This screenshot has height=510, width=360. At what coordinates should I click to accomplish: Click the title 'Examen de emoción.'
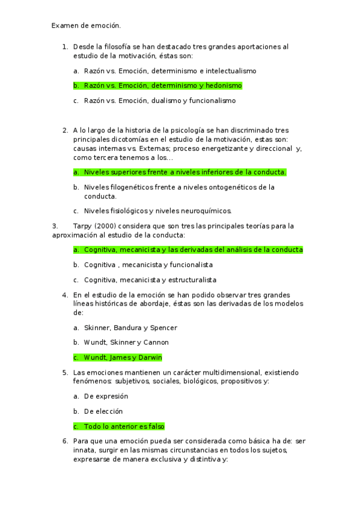click(x=86, y=25)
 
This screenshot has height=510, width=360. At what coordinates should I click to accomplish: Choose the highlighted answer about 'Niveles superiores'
click(x=185, y=172)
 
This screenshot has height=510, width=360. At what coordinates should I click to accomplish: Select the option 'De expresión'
click(x=106, y=396)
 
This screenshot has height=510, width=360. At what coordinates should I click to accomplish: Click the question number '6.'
click(x=65, y=441)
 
